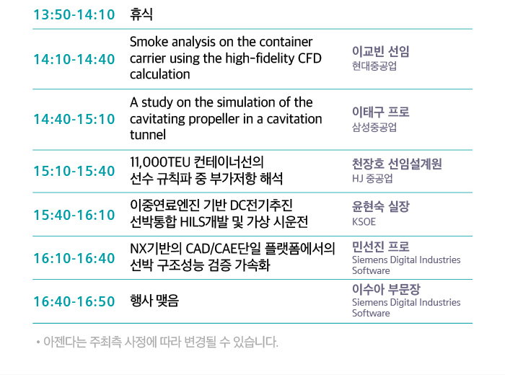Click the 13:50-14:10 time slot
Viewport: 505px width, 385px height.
pos(74,14)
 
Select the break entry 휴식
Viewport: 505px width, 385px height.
pos(141,14)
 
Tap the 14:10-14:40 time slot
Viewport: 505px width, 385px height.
pos(74,59)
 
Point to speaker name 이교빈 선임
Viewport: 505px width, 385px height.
pos(381,51)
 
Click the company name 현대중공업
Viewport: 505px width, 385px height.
pos(374,66)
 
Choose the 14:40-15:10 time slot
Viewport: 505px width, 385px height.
pos(74,119)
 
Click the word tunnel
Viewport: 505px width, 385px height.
pos(148,135)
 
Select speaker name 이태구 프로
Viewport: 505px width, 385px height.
pos(381,112)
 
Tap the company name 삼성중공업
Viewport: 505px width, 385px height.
pos(374,127)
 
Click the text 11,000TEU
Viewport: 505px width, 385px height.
pos(160,162)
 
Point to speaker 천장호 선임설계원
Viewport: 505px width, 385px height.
pos(397,164)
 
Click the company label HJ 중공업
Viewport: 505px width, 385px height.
pos(372,178)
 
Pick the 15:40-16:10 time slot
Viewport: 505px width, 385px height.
pos(74,215)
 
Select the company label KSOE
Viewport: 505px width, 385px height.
pos(364,222)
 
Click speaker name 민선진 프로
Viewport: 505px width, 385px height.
pos(381,247)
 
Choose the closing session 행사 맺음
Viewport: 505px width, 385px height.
pos(154,301)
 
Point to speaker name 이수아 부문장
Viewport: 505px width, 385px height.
pos(386,289)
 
